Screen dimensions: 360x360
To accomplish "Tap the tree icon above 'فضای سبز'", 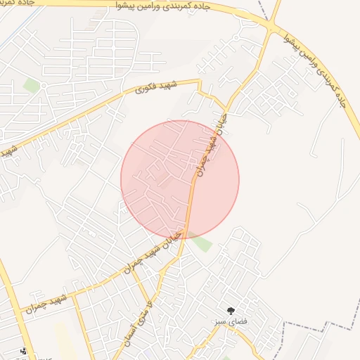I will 231,310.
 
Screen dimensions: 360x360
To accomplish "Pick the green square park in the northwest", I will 31,85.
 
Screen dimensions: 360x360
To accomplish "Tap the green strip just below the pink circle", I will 202,243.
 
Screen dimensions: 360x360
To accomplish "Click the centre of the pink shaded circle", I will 180,179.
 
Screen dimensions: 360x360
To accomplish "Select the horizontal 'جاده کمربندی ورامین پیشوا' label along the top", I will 162,6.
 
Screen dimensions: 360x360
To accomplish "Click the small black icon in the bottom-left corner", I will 24,350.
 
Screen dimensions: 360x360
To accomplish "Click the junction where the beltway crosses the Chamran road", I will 271,27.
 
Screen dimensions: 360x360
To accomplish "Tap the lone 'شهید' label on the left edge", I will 8,151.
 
